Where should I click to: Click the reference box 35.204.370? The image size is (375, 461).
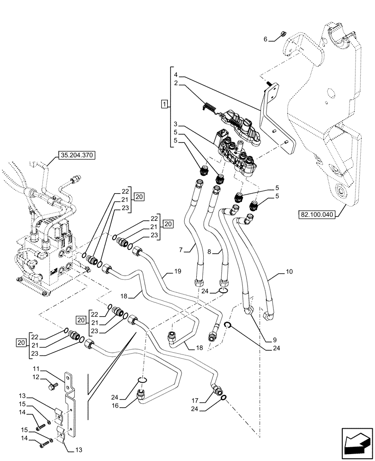coord(76,156)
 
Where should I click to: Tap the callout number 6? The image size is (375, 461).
coord(266,40)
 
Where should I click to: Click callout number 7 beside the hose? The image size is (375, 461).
coord(182,250)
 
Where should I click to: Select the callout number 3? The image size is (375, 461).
coord(176,124)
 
